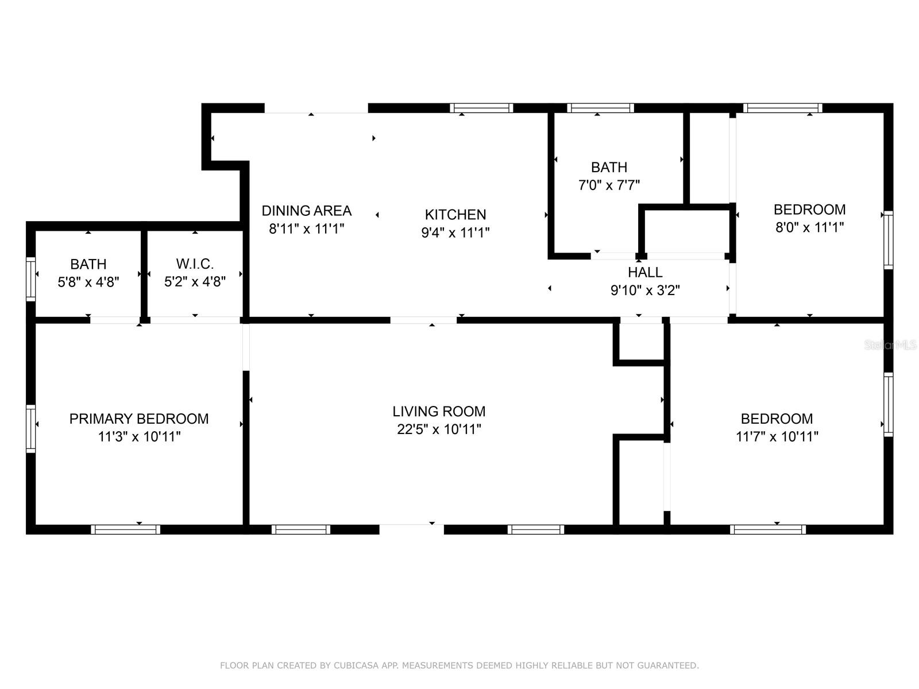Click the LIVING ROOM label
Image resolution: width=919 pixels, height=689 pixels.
click(x=439, y=411)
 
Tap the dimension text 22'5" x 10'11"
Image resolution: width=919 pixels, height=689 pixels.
click(x=439, y=429)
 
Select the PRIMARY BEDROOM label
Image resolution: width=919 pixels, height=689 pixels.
click(x=139, y=419)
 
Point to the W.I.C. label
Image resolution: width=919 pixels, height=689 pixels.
click(x=195, y=264)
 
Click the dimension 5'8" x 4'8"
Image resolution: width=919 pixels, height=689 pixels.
click(x=88, y=282)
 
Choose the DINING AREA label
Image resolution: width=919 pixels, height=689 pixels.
click(x=306, y=211)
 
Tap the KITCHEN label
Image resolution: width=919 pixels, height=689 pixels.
click(x=455, y=215)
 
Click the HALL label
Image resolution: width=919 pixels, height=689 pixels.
click(x=645, y=272)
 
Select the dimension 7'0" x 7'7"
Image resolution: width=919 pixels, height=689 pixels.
click(x=609, y=185)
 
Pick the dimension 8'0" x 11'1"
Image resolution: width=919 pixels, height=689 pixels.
click(x=809, y=227)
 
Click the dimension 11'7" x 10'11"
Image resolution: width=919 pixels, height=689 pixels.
click(x=777, y=436)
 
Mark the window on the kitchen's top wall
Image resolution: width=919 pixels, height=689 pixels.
click(x=481, y=108)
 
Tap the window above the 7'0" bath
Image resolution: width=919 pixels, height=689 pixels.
click(x=600, y=108)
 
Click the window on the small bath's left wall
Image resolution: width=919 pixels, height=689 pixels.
click(x=31, y=280)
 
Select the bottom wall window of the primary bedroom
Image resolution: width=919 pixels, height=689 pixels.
click(x=125, y=529)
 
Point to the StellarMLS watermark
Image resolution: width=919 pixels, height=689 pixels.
click(x=890, y=345)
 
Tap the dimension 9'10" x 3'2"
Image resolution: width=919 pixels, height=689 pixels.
click(x=645, y=291)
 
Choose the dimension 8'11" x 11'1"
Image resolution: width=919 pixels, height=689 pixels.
click(x=306, y=229)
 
